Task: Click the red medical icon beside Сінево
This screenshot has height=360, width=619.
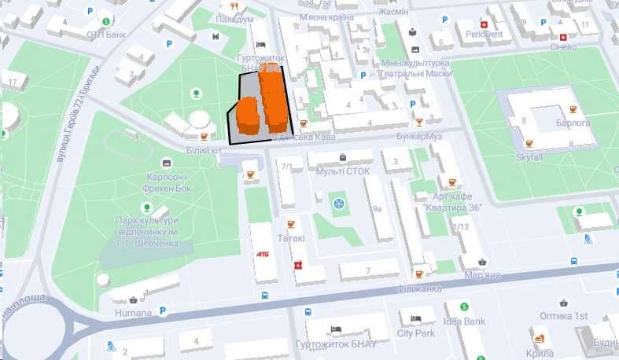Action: [562, 36]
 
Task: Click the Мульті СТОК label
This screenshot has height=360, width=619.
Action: [342, 170]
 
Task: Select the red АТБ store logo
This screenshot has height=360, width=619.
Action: [263, 254]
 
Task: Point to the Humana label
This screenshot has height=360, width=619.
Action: [133, 313]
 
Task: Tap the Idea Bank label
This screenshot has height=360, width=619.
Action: [464, 321]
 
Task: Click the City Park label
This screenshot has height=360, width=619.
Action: [416, 332]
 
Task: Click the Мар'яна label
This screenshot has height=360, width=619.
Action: [481, 275]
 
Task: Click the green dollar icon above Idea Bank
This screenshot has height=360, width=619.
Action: [464, 307]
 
